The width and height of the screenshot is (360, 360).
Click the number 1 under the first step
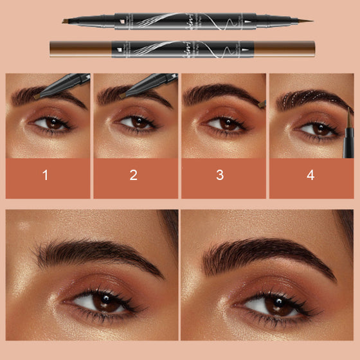tap(45, 175)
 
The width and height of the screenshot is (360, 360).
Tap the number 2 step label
tap(133, 175)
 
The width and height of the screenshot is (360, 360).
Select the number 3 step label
tap(220, 175)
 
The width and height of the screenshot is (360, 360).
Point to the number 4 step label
tap(310, 175)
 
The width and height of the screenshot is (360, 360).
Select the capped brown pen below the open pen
tap(182, 47)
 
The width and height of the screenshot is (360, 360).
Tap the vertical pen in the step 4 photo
tap(346, 129)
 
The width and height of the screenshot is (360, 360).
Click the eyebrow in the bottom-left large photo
tap(96, 251)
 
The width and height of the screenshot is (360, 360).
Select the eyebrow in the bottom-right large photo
tap(270, 251)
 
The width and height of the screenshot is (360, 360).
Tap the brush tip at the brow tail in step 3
tap(260, 102)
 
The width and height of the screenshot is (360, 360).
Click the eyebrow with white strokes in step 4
tap(309, 98)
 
